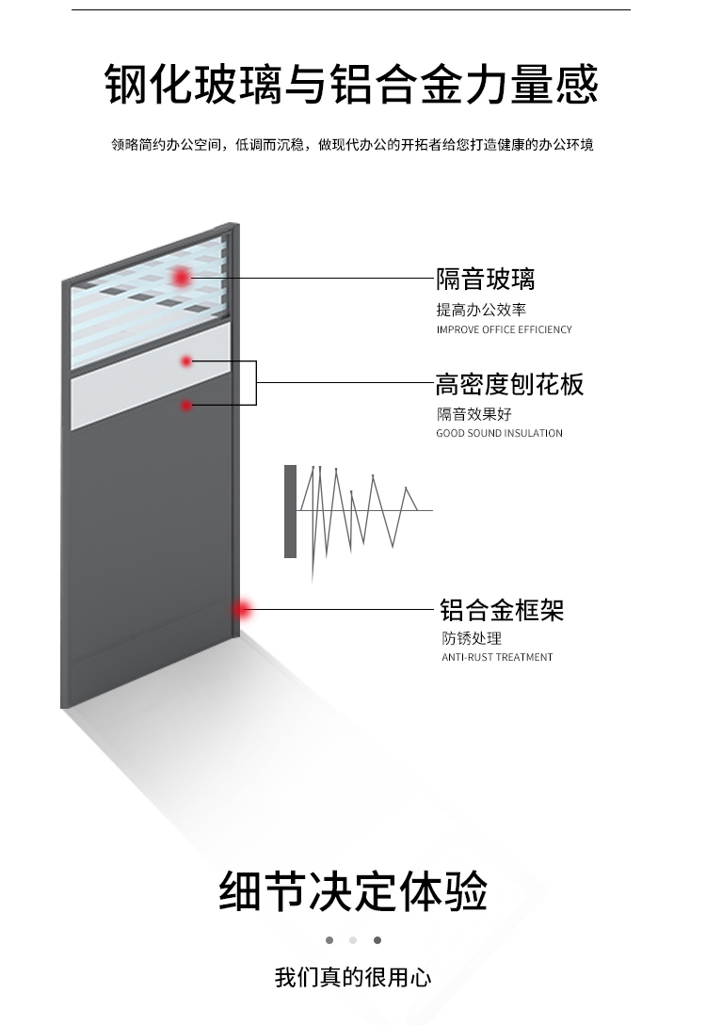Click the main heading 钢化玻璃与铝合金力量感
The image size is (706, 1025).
pos(351,84)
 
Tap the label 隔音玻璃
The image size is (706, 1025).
pos(485,280)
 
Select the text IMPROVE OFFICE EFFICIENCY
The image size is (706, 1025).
pos(504,330)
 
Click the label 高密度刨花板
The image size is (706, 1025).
pos(509,384)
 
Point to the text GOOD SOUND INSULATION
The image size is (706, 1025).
pos(499,434)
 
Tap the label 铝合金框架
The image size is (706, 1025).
pos(502,610)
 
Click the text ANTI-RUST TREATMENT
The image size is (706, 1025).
pos(497,657)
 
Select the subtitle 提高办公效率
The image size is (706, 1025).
pos(480,310)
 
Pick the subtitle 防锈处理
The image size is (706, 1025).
pos(472,638)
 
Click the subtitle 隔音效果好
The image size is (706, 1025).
pos(473,414)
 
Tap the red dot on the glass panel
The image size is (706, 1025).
pos(180,277)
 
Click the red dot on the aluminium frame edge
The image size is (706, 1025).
pos(244,610)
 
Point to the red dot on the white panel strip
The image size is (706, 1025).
pos(186,360)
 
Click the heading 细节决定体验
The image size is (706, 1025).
pos(353,891)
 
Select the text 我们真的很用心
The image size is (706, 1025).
pos(353,977)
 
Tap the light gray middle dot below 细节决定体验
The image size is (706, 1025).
pos(353,940)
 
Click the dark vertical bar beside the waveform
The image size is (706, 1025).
pos(290,511)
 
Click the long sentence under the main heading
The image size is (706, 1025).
pos(352,145)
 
